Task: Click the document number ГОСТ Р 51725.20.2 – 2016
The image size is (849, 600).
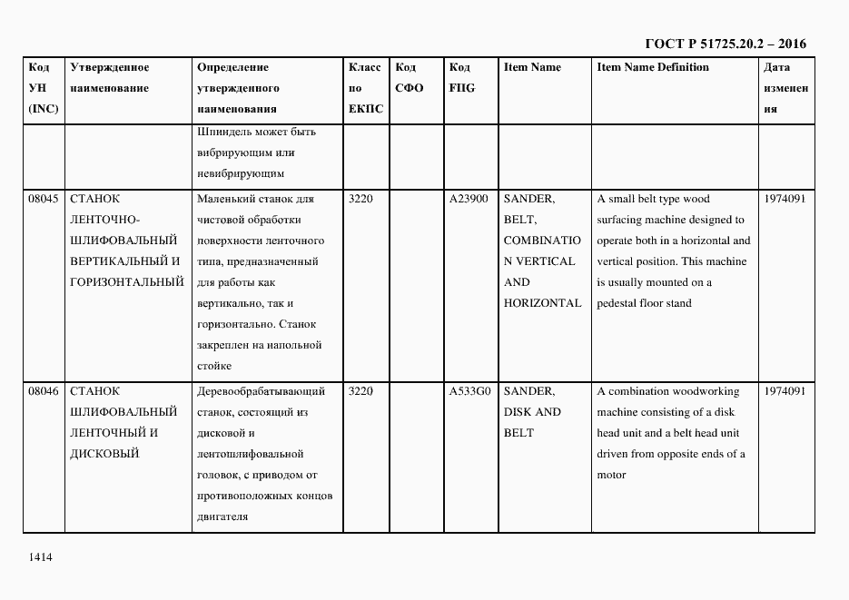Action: coord(725,44)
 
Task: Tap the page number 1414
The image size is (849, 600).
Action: coord(41,556)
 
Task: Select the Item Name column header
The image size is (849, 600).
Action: coord(532,67)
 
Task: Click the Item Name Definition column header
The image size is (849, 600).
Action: coord(653,67)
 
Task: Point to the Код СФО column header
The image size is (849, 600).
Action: coord(410,78)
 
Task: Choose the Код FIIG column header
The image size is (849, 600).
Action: coord(461,78)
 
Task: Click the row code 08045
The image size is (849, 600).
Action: coord(44,199)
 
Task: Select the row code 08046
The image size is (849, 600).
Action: coord(44,391)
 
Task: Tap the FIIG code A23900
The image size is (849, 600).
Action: coord(469,199)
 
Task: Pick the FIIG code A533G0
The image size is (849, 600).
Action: coord(469,391)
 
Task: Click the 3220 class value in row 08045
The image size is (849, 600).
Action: coord(360,199)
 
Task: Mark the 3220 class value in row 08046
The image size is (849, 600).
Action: coord(360,391)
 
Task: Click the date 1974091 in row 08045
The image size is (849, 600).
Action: coord(784,199)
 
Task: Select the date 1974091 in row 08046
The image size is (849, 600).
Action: coord(784,391)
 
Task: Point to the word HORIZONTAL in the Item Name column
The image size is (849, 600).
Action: coord(542,303)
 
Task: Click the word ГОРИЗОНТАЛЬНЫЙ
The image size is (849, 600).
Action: coord(127,282)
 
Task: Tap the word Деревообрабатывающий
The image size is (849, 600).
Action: coord(261,391)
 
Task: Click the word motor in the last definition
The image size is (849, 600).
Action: coord(611,475)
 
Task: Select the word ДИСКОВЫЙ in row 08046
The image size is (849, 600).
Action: coord(104,454)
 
